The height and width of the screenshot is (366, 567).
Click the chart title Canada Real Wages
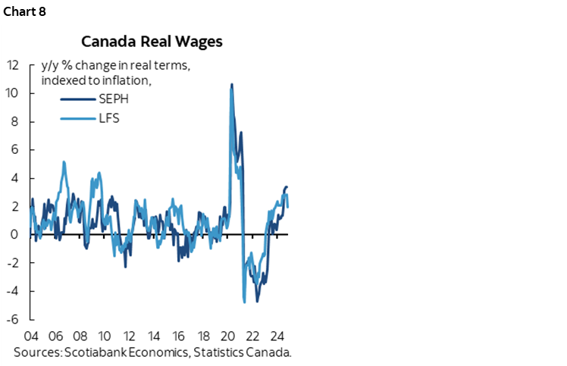tap(152, 41)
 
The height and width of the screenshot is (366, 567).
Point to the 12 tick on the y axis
tap(12, 65)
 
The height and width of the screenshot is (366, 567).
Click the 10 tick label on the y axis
tap(12, 93)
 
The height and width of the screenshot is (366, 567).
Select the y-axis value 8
tap(14, 121)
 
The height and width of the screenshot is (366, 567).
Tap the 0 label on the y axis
tap(14, 235)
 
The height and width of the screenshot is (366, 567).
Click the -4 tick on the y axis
tap(12, 291)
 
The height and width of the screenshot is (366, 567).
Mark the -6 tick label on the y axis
tap(12, 320)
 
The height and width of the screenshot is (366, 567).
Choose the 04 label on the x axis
tap(32, 336)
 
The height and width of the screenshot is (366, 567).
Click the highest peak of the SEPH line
tap(231, 84)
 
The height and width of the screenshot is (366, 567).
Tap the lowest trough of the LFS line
tap(244, 302)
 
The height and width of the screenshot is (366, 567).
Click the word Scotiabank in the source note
tap(95, 352)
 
